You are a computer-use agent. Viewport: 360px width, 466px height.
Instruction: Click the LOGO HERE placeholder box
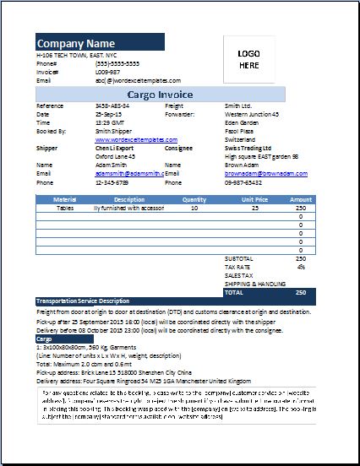click(248, 57)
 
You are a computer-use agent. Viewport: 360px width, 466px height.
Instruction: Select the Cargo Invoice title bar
click(161, 95)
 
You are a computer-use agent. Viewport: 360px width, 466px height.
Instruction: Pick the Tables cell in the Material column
click(65, 207)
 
